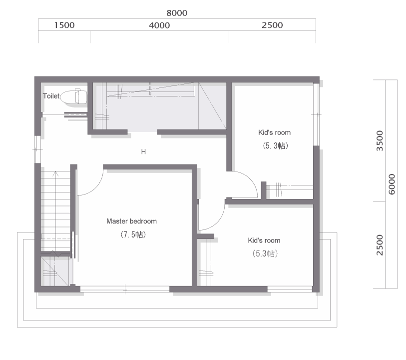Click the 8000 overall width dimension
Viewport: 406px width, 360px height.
[177, 13]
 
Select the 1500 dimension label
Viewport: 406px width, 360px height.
[64, 25]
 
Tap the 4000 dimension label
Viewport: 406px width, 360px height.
[159, 25]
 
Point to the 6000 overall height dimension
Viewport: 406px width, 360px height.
[392, 184]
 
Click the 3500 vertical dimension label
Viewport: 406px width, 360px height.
[380, 140]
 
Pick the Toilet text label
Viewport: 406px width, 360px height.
[51, 96]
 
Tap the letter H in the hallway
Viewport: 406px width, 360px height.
[143, 151]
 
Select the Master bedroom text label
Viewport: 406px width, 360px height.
[131, 221]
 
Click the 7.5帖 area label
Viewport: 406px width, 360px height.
[133, 234]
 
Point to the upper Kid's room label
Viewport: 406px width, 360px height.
[275, 132]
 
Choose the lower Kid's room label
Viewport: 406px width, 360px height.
[264, 240]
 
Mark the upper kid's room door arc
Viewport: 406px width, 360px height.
[250, 179]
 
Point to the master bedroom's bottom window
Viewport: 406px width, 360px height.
[125, 289]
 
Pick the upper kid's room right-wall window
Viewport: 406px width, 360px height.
[316, 114]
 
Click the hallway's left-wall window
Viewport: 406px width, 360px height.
[37, 149]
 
